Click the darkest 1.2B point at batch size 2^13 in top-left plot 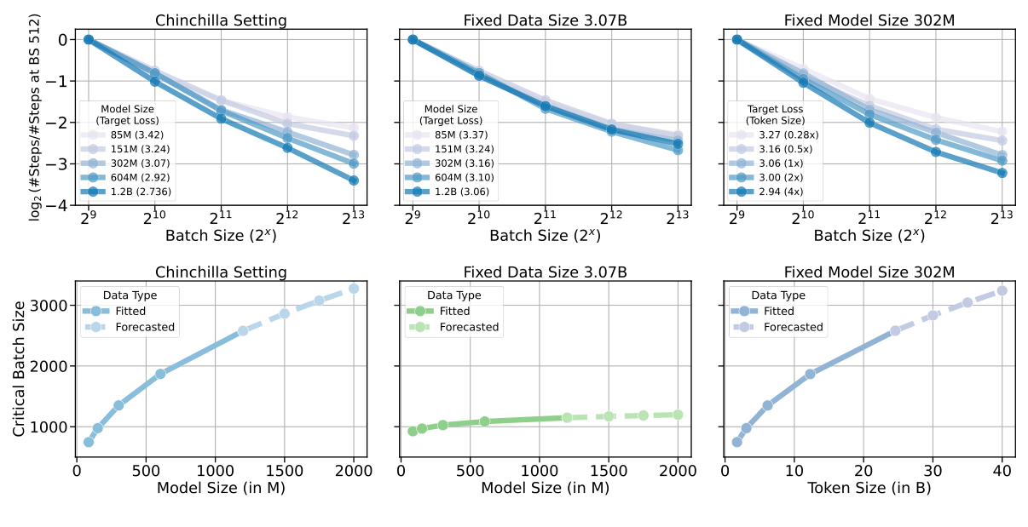tap(354, 180)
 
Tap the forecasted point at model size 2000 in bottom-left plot tap(354, 289)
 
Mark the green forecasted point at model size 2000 tap(679, 415)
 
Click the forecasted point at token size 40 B tap(1002, 290)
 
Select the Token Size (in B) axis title tap(869, 489)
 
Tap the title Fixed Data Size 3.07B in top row tap(546, 20)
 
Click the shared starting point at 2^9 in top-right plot tap(737, 39)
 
